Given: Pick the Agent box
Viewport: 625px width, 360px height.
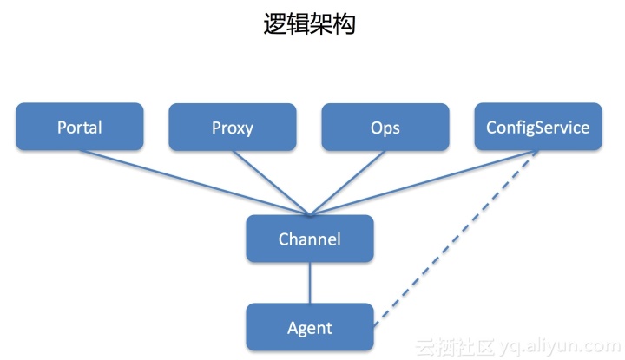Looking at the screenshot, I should point(309,327).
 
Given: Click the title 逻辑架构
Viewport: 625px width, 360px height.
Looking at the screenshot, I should point(310,23).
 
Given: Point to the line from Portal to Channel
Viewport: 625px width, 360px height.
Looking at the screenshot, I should point(191,181).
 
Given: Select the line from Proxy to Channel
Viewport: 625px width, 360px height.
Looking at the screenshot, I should point(269,181).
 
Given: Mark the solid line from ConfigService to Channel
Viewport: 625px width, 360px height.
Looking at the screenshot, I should point(425,181).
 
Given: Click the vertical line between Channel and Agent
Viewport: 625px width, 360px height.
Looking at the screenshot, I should point(310,283).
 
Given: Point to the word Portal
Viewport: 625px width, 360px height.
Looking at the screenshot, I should point(79,128).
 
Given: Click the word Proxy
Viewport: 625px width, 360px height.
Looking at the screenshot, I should point(232,128).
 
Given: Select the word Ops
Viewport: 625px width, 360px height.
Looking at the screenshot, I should point(385,128).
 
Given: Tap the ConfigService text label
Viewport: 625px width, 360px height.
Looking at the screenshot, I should point(537,128).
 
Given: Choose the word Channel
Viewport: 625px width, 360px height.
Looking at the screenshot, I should point(309,239).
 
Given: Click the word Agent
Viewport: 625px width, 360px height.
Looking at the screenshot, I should point(309,328).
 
